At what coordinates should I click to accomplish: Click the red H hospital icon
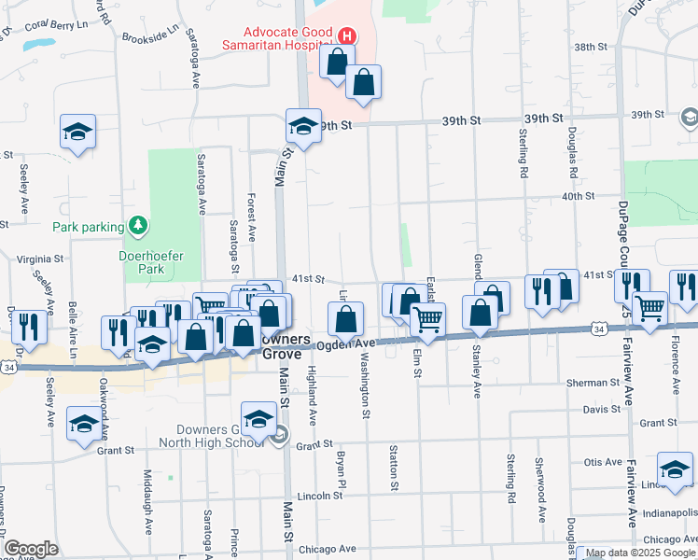347,37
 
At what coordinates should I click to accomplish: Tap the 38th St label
591,47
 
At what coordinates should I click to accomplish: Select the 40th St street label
578,196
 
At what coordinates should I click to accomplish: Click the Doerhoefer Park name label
141,261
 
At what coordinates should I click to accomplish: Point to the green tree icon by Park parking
138,225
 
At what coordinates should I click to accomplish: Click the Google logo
31,549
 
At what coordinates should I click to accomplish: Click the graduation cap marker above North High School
258,420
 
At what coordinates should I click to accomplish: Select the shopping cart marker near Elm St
427,318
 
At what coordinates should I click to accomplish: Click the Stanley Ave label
476,374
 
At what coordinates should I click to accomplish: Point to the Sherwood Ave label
539,489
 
